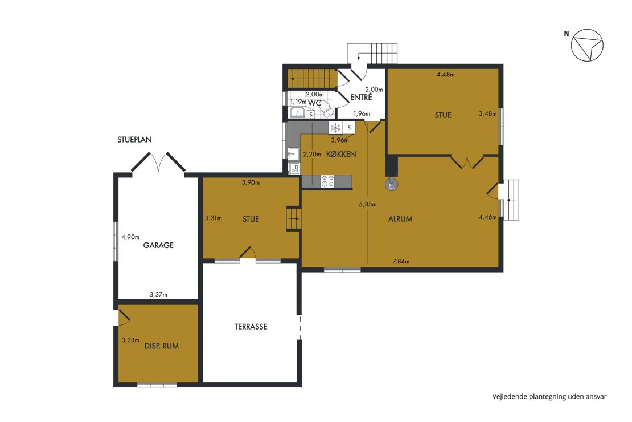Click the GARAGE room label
[x=158, y=245]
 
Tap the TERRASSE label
[x=251, y=327]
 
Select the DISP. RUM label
[x=161, y=346]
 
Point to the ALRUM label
[x=400, y=219]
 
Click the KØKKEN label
[x=341, y=155]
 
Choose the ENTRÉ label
[x=361, y=97]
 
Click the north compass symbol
[x=587, y=45]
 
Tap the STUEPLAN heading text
[x=134, y=140]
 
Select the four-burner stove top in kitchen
[x=327, y=181]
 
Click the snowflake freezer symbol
[x=335, y=128]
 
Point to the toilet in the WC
[x=326, y=108]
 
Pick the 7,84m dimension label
[x=401, y=262]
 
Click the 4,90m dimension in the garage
[x=130, y=237]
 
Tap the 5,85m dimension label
[x=368, y=204]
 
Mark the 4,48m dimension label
[x=446, y=74]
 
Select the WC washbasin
[x=298, y=113]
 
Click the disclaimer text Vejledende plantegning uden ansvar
[x=549, y=396]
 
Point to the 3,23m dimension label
[x=130, y=340]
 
